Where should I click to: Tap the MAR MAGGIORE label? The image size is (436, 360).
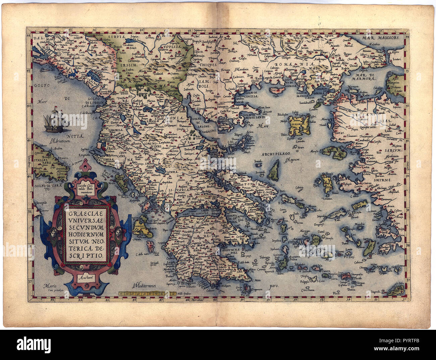tap(382, 38)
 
